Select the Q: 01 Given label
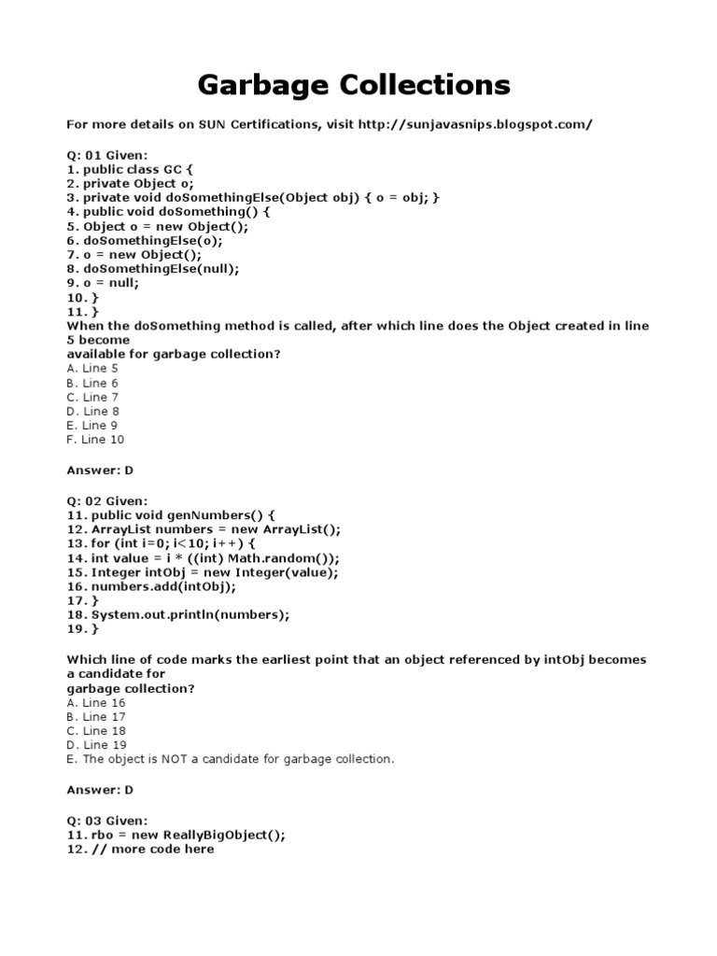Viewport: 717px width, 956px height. point(106,155)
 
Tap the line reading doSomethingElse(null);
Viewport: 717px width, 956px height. point(153,269)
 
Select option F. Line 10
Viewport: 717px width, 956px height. point(95,439)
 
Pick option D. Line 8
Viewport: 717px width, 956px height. point(93,411)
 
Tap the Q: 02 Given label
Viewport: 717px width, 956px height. point(106,500)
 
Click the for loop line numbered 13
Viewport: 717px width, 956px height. point(160,543)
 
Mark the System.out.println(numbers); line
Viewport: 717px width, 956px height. point(178,614)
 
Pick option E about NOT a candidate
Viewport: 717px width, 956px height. point(231,759)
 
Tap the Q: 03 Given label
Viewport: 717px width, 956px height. point(106,820)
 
